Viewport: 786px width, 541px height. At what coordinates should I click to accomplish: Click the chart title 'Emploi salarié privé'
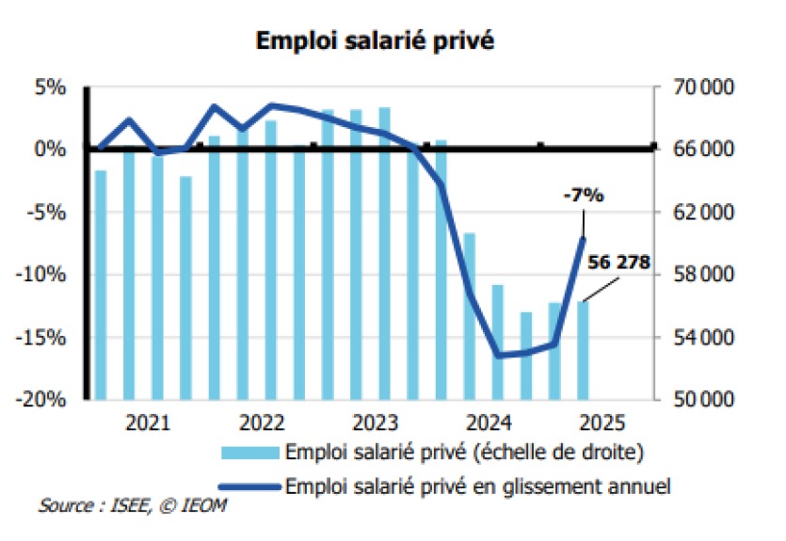click(375, 41)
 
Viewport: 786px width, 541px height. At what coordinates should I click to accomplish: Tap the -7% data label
click(583, 196)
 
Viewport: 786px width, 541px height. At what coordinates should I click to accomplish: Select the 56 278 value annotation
click(618, 263)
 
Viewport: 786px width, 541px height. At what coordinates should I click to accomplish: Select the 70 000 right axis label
click(698, 88)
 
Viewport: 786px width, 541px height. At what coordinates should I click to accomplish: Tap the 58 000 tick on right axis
click(698, 275)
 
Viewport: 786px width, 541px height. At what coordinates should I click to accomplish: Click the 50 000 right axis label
click(698, 399)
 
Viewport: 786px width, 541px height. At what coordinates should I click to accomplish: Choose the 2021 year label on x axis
click(148, 422)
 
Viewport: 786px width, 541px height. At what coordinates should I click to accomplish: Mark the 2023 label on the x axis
click(377, 422)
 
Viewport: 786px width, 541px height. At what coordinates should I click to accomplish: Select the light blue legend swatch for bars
click(249, 453)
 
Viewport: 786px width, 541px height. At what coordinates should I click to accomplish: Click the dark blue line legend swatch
click(249, 486)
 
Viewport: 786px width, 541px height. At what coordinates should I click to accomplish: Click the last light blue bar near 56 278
click(584, 349)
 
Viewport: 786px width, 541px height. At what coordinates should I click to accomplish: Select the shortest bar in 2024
click(526, 355)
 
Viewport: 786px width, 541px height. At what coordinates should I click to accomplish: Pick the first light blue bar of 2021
click(100, 284)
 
